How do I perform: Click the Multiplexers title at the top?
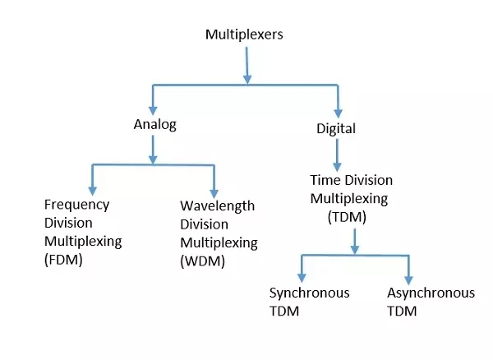(x=245, y=35)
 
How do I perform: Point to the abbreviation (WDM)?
(x=200, y=261)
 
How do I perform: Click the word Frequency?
(x=76, y=205)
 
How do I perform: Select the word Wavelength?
(x=217, y=205)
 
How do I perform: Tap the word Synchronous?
(x=310, y=293)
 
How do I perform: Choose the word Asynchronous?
(x=431, y=293)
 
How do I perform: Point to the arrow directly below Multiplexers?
(x=247, y=64)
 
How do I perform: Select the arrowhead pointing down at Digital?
(x=337, y=111)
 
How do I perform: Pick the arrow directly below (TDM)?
(x=355, y=241)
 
